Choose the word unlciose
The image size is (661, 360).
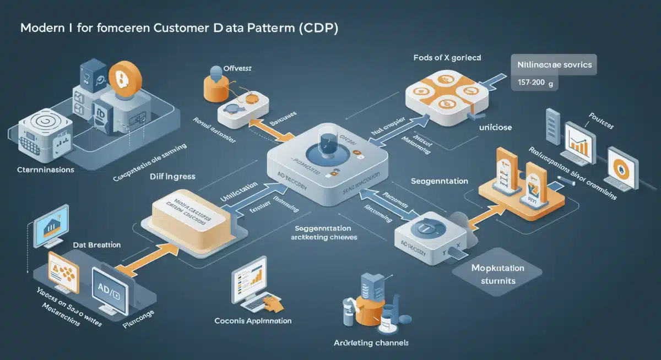click(495, 128)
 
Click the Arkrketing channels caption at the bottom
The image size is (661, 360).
click(371, 342)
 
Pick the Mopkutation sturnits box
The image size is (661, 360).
click(497, 274)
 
